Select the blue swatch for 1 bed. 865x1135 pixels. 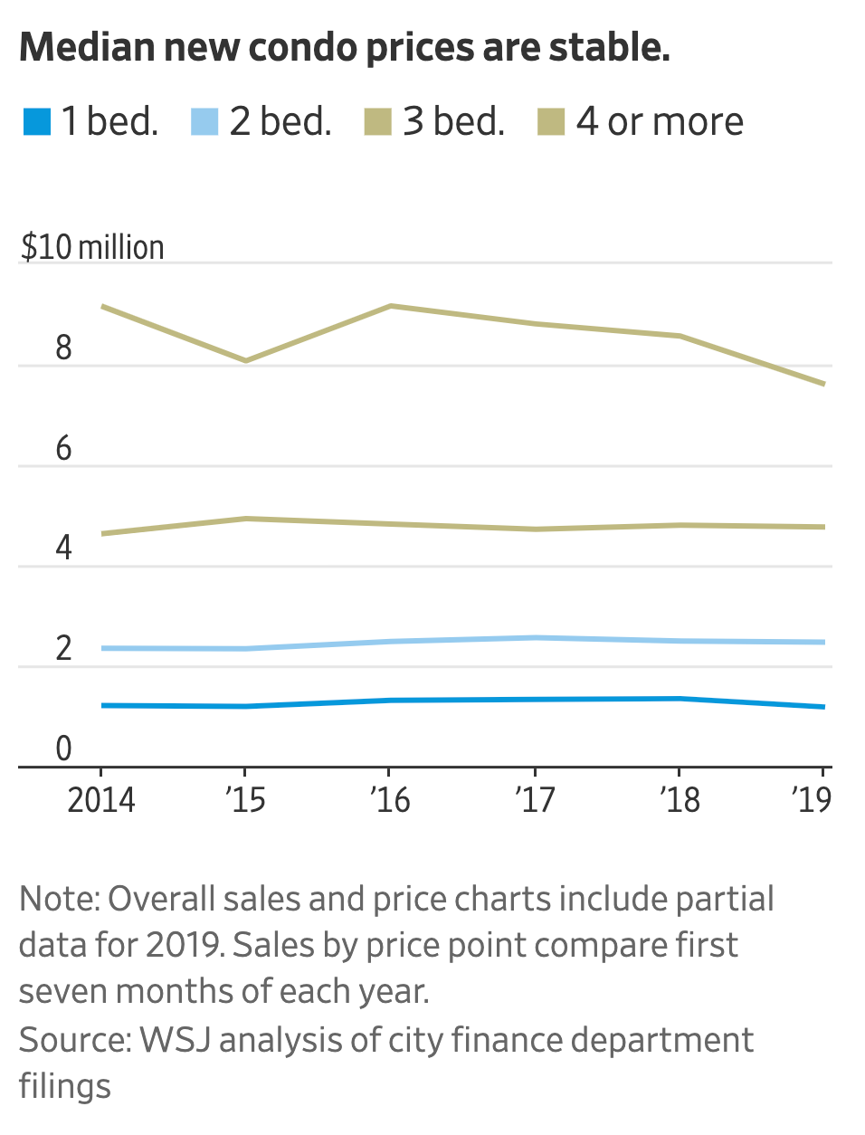(x=37, y=122)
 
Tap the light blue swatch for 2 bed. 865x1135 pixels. (x=205, y=122)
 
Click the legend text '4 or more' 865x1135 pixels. (x=660, y=122)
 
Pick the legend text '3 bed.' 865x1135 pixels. (x=453, y=122)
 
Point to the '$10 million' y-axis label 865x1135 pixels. (x=92, y=247)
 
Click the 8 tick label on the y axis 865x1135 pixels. (x=63, y=348)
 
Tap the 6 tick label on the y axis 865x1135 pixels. (x=63, y=448)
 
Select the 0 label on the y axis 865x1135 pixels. (x=63, y=749)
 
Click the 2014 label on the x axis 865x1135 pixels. (x=101, y=800)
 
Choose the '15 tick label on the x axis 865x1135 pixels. (x=245, y=800)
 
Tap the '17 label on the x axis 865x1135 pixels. (x=535, y=800)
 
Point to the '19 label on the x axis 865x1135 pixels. (x=811, y=800)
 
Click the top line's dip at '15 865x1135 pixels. (x=245, y=361)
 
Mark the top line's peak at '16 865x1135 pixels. (x=390, y=306)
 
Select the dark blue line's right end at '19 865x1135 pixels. (x=823, y=707)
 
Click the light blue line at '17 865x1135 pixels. (x=535, y=637)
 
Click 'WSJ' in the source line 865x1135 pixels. (x=175, y=1040)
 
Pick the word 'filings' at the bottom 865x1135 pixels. (x=65, y=1086)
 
